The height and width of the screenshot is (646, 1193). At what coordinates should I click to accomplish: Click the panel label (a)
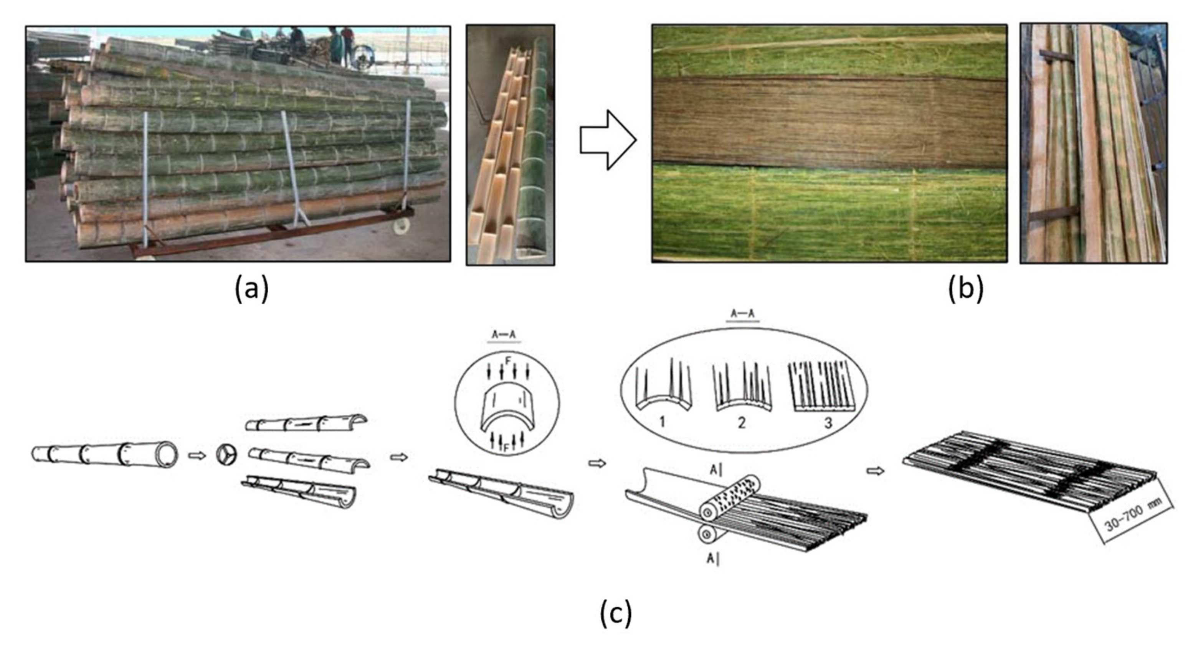[x=251, y=289]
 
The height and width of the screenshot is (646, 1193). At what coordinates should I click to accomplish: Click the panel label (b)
[x=966, y=289]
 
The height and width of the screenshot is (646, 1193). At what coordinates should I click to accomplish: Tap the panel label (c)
[x=615, y=614]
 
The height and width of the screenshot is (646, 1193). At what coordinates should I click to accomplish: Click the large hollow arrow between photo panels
[x=608, y=140]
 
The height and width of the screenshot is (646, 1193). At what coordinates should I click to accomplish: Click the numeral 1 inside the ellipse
[x=662, y=422]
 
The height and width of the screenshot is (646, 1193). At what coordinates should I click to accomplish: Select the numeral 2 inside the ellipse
[x=742, y=422]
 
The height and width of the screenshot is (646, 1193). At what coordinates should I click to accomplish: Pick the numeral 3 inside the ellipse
[x=828, y=422]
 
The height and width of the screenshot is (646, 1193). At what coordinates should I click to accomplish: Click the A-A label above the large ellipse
[x=742, y=314]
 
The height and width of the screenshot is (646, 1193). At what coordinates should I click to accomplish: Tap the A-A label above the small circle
[x=503, y=335]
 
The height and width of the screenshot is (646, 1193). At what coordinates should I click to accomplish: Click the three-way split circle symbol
[x=226, y=455]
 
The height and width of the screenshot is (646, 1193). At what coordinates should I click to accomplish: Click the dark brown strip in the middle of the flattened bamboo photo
[x=829, y=123]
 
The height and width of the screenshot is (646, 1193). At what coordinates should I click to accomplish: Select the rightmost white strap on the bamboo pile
[x=408, y=148]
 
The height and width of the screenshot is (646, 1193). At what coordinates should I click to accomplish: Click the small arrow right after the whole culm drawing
[x=197, y=455]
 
